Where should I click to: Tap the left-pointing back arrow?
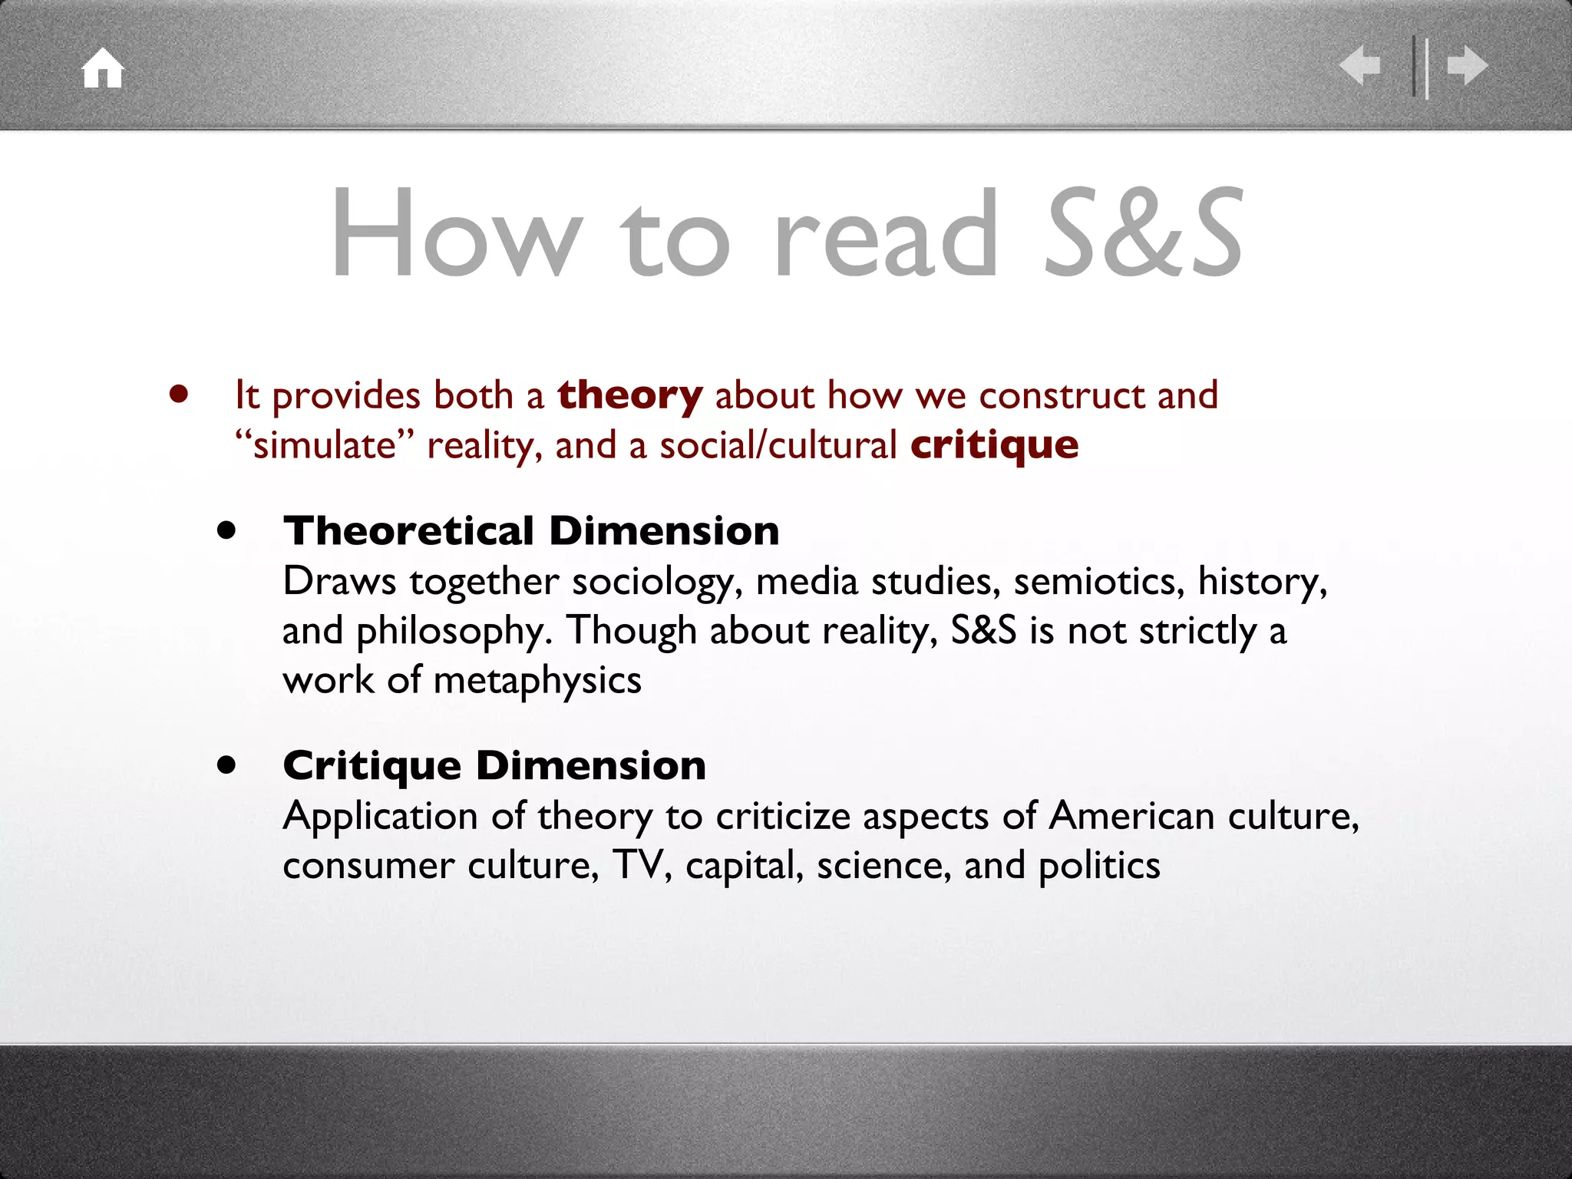tap(1359, 65)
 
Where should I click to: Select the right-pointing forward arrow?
tap(1467, 65)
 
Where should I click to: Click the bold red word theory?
tap(629, 395)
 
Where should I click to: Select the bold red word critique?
tap(994, 445)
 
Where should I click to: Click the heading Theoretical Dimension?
tap(531, 531)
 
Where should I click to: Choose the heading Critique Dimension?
tap(494, 765)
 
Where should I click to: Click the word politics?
tap(1099, 866)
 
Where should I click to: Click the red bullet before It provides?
tap(179, 395)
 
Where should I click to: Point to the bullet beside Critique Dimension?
tap(226, 765)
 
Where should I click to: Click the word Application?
tap(381, 817)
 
